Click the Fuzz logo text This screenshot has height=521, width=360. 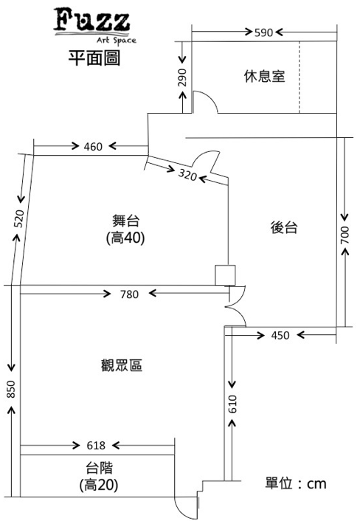pyautogui.click(x=91, y=21)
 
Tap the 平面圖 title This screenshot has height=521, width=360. pyautogui.click(x=94, y=58)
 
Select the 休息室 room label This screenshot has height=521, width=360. pyautogui.click(x=264, y=76)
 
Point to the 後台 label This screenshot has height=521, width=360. pyautogui.click(x=284, y=227)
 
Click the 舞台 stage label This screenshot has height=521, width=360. pyautogui.click(x=126, y=221)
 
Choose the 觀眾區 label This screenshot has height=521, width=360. pyautogui.click(x=122, y=365)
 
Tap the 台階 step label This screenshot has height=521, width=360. pyautogui.click(x=100, y=468)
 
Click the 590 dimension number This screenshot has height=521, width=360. pyautogui.click(x=263, y=32)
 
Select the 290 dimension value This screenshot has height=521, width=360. pyautogui.click(x=182, y=77)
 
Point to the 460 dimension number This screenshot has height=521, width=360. pyautogui.click(x=93, y=147)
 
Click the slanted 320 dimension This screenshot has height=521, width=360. pyautogui.click(x=187, y=174)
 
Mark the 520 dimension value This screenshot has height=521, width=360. pyautogui.click(x=19, y=218)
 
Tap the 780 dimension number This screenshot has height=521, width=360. pyautogui.click(x=129, y=294)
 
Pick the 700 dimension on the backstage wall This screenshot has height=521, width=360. pyautogui.click(x=345, y=235)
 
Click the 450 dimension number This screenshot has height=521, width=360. pyautogui.click(x=280, y=335)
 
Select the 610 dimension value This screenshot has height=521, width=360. pyautogui.click(x=232, y=404)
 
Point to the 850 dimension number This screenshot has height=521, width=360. pyautogui.click(x=11, y=389)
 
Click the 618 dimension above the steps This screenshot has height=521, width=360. pyautogui.click(x=96, y=445)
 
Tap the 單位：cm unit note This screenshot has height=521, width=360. pyautogui.click(x=296, y=483)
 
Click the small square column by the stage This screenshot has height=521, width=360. pyautogui.click(x=225, y=275)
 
